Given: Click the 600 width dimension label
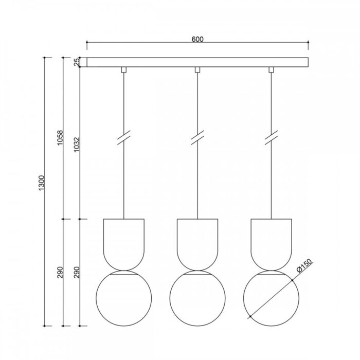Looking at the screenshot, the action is click(x=197, y=39).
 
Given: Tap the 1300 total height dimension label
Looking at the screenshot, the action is click(x=42, y=183).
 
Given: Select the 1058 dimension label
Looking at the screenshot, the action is click(x=60, y=138).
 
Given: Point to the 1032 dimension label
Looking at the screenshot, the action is click(x=77, y=145).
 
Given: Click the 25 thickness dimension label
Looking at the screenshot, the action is click(x=77, y=62).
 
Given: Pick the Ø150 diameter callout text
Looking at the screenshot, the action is click(x=304, y=266).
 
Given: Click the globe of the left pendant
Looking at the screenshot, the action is click(x=96, y=298).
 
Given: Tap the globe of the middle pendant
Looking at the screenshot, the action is click(x=170, y=298).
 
